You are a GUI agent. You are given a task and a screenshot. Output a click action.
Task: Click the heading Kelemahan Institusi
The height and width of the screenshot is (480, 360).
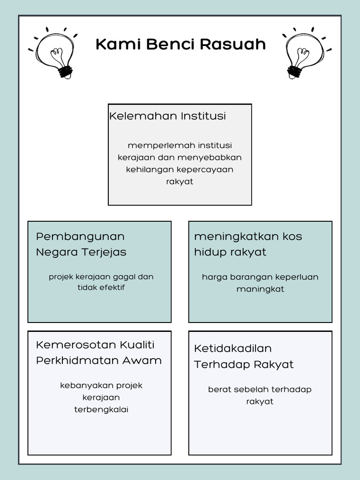pos(167,116)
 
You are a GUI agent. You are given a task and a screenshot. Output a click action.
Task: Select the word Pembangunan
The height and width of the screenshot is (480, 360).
pos(80,236)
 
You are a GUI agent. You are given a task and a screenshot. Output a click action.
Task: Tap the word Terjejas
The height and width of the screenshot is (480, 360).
pos(105,252)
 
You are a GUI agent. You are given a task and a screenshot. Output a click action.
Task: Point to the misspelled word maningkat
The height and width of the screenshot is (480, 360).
pos(260,289)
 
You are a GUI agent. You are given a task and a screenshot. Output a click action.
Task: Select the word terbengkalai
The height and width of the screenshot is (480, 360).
pos(101,409)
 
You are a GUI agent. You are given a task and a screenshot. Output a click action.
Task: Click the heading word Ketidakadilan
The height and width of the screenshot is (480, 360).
pos(233,348)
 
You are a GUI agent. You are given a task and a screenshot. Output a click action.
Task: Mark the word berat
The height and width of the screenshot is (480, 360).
pos(218,390)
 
